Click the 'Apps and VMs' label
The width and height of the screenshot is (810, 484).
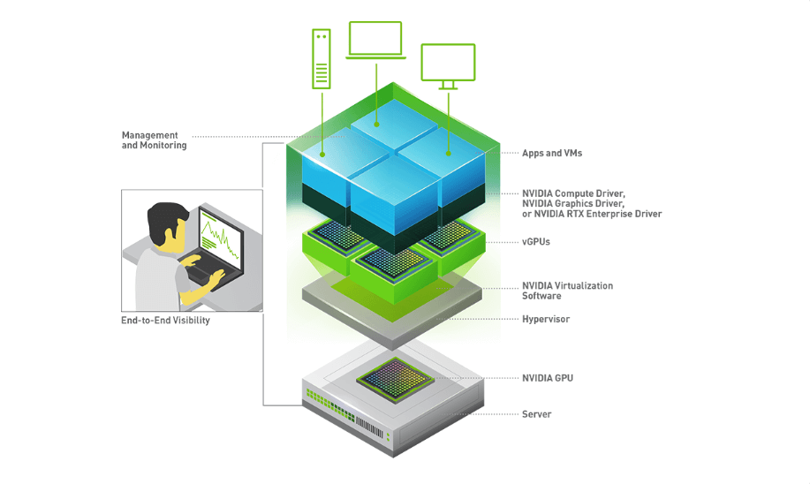coord(551,154)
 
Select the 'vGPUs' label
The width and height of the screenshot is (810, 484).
coord(535,241)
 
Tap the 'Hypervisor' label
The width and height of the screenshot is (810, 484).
coord(546,319)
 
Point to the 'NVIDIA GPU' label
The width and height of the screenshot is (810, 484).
coord(548,378)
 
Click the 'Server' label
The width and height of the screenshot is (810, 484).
coord(536,414)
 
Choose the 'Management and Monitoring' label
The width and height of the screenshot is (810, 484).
coord(155,140)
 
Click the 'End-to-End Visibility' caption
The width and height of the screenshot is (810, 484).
coord(165,321)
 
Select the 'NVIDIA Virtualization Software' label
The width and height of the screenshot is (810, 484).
coord(567,291)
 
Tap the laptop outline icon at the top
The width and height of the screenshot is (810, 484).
coord(375,41)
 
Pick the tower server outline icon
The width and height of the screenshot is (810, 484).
coord(321,59)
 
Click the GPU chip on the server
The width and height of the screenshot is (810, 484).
coord(394,379)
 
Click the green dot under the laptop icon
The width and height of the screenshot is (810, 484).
coord(377,126)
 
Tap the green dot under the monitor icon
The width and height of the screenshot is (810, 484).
coord(448,153)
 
